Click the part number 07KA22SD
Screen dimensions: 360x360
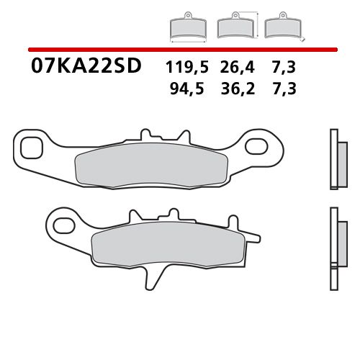86,67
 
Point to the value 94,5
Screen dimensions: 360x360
185,89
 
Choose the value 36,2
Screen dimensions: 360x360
237,89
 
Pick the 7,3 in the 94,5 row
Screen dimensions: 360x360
284,89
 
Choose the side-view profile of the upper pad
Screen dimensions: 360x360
333,159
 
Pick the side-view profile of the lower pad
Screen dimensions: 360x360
333,238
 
